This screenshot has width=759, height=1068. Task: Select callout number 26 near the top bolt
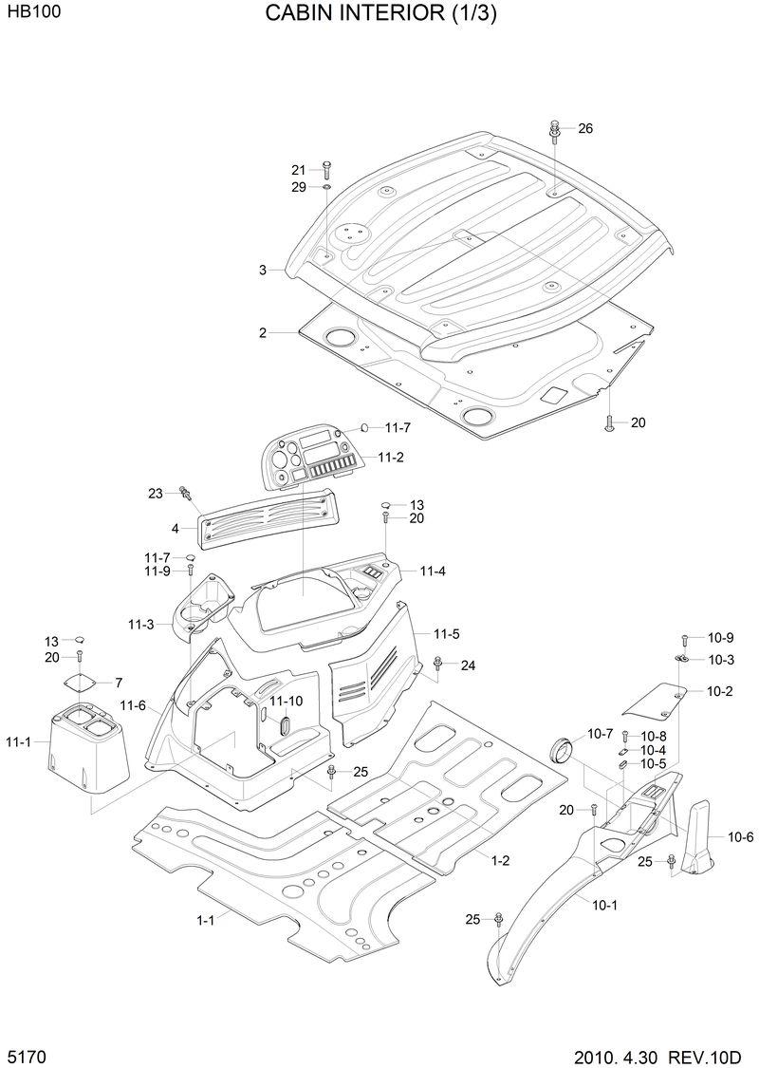click(x=584, y=128)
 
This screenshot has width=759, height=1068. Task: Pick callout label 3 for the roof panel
click(x=263, y=271)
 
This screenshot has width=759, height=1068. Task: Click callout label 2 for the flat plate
click(x=263, y=333)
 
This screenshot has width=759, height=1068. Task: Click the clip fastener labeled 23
click(x=187, y=493)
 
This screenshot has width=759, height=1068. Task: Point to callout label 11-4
click(x=432, y=571)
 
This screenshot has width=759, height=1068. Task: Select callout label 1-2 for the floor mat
click(x=500, y=860)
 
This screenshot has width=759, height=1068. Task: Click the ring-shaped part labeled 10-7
click(x=563, y=747)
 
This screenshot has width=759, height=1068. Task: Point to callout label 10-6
click(x=741, y=836)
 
